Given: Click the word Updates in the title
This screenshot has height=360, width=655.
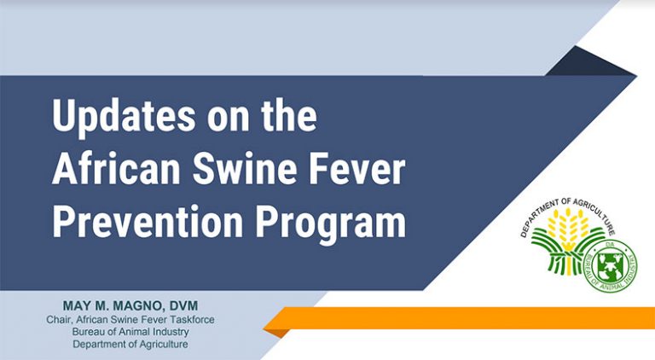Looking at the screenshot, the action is [x=124, y=117].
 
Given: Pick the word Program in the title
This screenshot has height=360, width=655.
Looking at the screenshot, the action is [x=330, y=224].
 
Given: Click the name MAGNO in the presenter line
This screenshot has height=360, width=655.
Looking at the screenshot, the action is [x=137, y=305].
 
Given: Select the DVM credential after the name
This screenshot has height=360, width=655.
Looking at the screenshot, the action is [x=183, y=305].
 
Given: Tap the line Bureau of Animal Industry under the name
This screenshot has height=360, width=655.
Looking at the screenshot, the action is [x=130, y=332].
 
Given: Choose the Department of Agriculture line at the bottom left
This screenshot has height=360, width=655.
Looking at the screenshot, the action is [x=130, y=345].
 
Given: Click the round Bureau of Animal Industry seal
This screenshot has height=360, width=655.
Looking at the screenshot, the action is [x=611, y=265].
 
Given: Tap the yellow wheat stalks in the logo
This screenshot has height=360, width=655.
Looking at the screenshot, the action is [x=567, y=229].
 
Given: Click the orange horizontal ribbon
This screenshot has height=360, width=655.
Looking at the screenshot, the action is [x=460, y=318].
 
